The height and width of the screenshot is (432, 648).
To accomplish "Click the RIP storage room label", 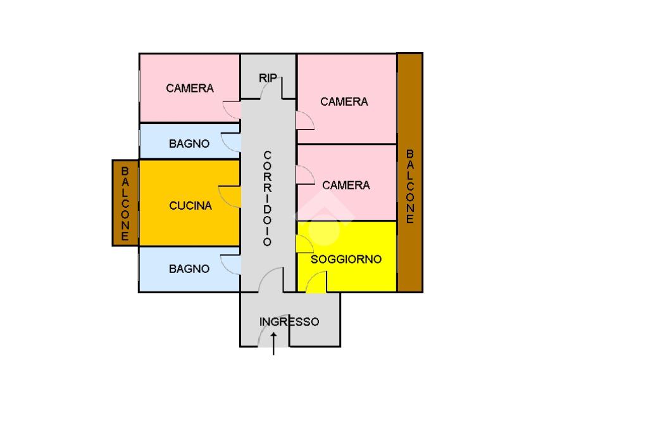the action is (268, 78).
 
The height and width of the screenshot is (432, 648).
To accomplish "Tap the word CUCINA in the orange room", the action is (190, 206).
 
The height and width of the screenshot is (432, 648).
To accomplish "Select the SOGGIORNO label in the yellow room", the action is (346, 259).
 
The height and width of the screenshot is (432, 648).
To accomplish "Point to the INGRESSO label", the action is (289, 322).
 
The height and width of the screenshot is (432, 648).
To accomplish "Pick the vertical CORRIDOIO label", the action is (267, 198).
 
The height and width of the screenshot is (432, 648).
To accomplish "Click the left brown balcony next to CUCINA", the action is (125, 203).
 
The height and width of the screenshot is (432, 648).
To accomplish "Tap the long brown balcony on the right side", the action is (409, 172).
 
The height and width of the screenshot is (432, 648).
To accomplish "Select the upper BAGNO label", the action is (189, 144).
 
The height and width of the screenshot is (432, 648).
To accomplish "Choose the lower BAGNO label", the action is (189, 269).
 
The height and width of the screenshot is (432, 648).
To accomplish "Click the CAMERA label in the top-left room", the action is (190, 89).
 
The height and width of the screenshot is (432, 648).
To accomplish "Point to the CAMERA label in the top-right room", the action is (344, 101).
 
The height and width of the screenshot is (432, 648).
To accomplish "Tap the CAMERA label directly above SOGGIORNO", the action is (346, 186).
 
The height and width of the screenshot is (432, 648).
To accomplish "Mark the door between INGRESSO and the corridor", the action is (272, 281).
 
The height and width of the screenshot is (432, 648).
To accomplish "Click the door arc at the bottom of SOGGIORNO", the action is (316, 282).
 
